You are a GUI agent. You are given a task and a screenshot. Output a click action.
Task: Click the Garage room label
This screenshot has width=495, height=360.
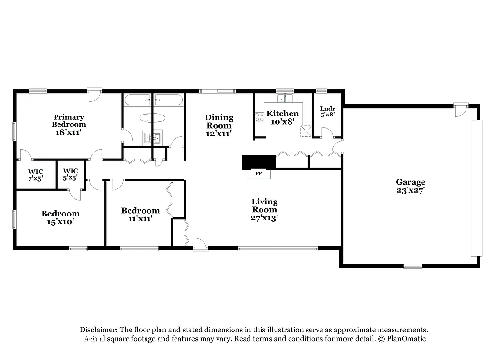(x=411, y=186)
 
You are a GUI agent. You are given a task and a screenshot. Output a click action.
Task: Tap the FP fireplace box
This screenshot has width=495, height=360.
(x=259, y=173)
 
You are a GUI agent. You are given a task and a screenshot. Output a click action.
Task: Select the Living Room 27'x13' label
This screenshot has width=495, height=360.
(x=264, y=209)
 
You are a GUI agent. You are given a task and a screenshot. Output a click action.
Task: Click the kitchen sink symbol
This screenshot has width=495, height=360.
(x=285, y=99)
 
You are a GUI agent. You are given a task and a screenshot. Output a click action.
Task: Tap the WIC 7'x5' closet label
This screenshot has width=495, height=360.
(x=36, y=174)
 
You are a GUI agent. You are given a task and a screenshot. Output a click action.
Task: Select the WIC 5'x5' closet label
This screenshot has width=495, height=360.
(x=71, y=174)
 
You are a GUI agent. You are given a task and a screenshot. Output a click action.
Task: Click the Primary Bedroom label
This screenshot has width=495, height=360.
(x=69, y=124)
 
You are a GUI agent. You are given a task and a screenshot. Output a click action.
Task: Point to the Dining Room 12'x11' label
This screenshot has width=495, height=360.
(x=219, y=125)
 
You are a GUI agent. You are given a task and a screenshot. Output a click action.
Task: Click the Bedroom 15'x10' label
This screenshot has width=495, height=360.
(x=60, y=217)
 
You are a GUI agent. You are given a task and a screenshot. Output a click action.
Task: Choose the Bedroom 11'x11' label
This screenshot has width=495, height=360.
(x=140, y=214)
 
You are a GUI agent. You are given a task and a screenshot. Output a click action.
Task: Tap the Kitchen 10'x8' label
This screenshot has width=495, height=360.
(x=283, y=117)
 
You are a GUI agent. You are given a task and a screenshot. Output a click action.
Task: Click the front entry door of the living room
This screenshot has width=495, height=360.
(x=200, y=245)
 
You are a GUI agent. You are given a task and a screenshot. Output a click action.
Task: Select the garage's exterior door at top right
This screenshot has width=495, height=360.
(x=461, y=109)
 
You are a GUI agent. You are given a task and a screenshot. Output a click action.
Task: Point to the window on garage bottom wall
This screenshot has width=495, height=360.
(x=412, y=266)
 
